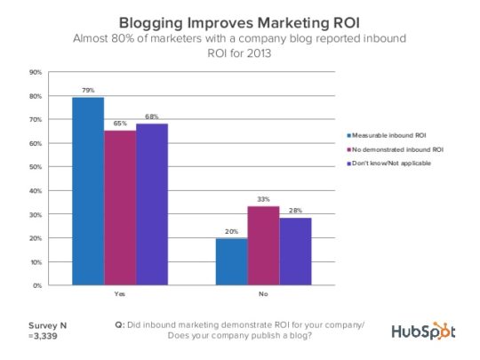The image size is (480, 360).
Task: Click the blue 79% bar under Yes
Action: [x=88, y=191]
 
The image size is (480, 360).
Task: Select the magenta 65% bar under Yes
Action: [x=120, y=208]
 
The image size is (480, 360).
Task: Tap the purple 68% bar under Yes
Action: [x=152, y=204]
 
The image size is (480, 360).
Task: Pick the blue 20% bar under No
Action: [x=232, y=261]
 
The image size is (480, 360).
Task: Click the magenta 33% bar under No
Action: [x=264, y=246]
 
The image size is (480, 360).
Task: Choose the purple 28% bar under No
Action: [x=296, y=252]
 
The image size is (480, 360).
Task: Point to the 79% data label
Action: [x=88, y=91]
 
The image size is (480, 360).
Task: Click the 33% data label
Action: [x=264, y=199]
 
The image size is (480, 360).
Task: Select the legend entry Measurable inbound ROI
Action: [x=387, y=135]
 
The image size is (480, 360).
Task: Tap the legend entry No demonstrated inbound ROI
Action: [x=396, y=149]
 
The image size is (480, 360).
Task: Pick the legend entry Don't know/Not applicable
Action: [x=388, y=164]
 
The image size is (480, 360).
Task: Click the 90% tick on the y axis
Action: [x=36, y=72]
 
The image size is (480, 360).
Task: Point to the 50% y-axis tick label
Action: [x=36, y=167]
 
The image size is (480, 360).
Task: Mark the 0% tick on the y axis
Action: [x=37, y=285]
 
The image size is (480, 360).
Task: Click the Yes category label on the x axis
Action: [x=120, y=294]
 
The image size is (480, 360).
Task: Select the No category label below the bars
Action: [x=263, y=294]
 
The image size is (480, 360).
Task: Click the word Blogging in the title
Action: [x=151, y=23]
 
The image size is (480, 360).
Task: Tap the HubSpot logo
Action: [x=423, y=331]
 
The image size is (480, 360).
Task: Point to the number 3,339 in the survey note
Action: [x=45, y=336]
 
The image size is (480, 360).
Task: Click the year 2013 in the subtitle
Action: [x=259, y=53]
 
